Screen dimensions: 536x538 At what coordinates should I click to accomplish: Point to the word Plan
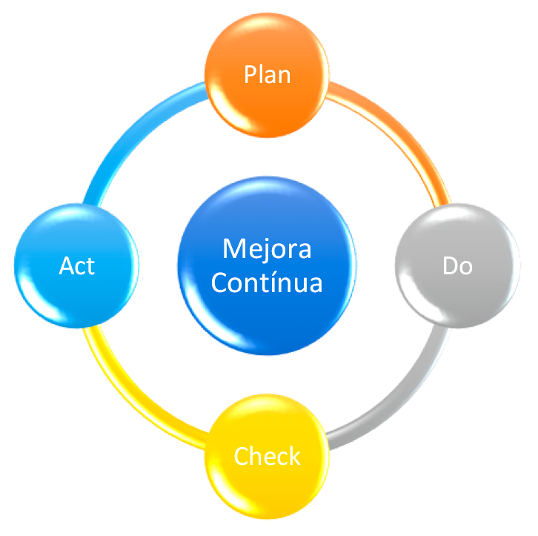267,74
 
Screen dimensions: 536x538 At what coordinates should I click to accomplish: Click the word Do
457,266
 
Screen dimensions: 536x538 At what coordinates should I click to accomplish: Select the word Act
77,266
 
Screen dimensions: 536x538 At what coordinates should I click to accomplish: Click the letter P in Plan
250,74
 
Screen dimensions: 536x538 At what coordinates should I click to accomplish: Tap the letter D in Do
449,266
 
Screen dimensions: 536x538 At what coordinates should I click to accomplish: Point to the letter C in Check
241,456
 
